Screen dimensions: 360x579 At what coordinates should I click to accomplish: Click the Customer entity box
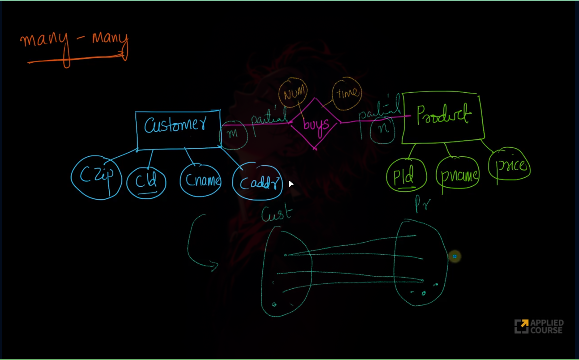coord(178,130)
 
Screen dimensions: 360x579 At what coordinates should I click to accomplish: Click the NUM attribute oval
coord(293,93)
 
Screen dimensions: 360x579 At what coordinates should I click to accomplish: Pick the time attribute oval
coord(347,93)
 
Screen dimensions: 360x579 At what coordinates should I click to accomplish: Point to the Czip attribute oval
coord(96,177)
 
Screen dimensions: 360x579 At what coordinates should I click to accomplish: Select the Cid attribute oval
coord(146,182)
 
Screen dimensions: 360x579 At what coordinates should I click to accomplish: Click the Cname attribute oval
coord(201,180)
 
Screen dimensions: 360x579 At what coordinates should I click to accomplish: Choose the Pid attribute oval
coord(406,175)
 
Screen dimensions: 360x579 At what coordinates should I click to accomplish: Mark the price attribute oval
coord(509,164)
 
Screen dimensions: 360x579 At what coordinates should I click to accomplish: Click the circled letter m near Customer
coord(233,134)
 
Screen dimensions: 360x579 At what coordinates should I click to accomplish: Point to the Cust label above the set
coord(276,214)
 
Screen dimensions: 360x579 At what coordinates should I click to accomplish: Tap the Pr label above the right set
coord(422,203)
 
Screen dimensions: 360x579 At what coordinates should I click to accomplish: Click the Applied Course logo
coord(538,326)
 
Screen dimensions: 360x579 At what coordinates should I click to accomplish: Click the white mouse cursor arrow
coord(291,184)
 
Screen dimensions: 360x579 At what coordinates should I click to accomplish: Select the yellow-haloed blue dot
coord(455,256)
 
